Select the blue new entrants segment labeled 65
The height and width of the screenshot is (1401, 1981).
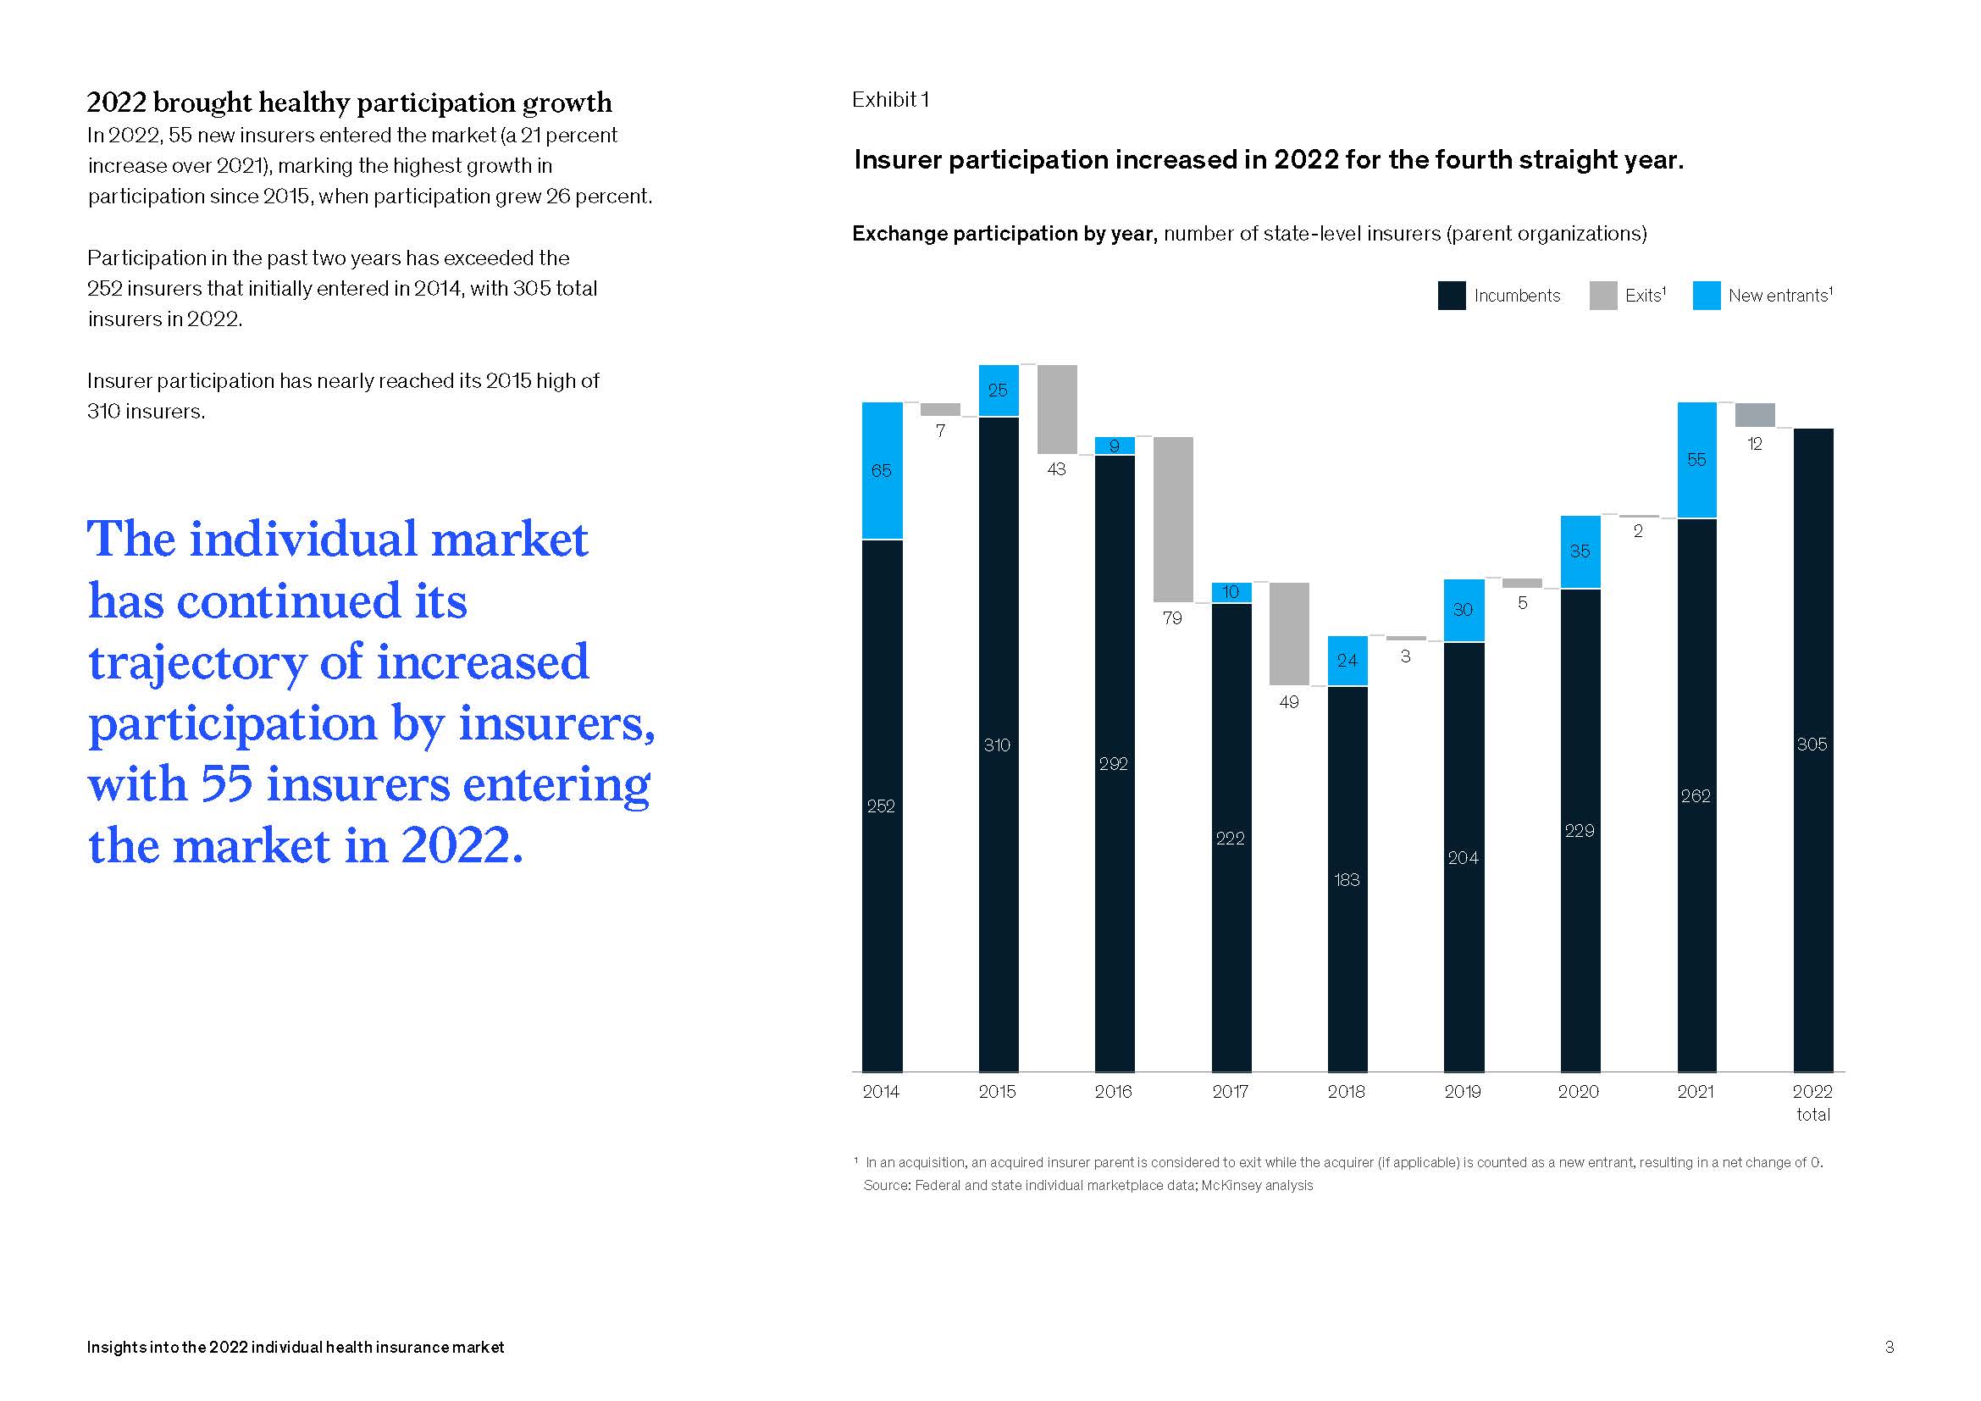click(882, 470)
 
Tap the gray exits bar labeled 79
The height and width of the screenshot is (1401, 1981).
click(1172, 518)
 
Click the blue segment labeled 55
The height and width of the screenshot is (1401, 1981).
click(1696, 459)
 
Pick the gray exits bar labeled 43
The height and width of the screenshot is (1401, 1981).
click(1057, 409)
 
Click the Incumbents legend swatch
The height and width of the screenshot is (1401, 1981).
click(1452, 296)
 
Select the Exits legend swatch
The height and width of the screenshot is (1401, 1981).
click(1602, 296)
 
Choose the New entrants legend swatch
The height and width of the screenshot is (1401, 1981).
click(1706, 296)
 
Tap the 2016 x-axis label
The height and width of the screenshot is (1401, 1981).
click(1113, 1091)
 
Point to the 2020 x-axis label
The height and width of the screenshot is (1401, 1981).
click(1578, 1091)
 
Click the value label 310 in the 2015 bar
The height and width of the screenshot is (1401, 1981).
click(997, 745)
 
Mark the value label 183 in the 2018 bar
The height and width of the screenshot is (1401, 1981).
click(1347, 880)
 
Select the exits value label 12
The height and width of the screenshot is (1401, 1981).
click(1754, 445)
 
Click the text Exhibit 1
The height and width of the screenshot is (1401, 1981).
click(889, 100)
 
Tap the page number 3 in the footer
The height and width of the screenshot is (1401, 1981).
click(1889, 1347)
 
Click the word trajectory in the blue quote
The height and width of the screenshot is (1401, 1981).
click(197, 663)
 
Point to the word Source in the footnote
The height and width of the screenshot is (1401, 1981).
click(886, 1185)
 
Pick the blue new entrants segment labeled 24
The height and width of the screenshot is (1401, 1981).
click(1347, 660)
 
